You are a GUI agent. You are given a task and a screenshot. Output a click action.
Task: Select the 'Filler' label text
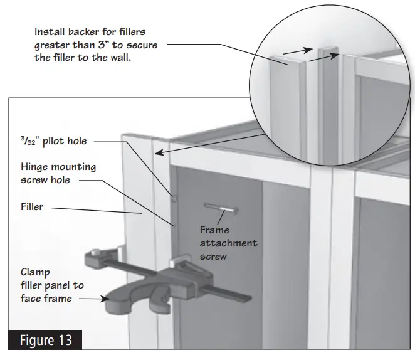pos(31,206)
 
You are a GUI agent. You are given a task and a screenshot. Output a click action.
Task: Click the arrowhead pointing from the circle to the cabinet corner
pos(158,154)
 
